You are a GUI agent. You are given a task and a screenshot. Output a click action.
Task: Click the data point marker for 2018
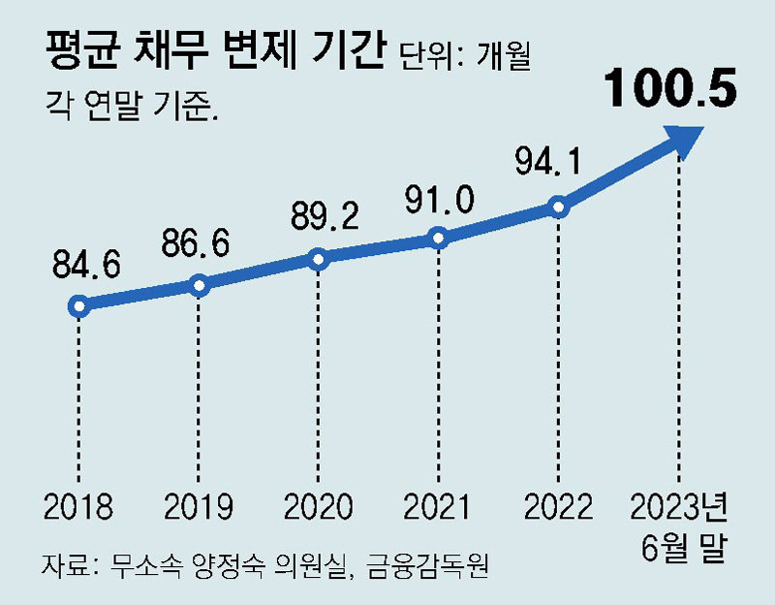pos(79,306)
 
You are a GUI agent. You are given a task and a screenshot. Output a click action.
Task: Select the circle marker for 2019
pos(199,285)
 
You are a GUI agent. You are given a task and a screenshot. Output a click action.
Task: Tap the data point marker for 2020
pos(318,258)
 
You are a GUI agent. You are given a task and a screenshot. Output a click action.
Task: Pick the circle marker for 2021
pos(437,238)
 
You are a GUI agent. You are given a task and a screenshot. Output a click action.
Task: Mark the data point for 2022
pos(556,206)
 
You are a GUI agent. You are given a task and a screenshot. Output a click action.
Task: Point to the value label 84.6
pos(80,265)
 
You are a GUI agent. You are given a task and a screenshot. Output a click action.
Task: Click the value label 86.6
pos(196,243)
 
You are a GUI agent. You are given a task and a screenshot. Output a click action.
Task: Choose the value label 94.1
pos(548,163)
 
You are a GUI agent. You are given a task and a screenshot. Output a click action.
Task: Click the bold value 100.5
pos(670,89)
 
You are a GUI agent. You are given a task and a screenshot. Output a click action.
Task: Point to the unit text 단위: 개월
pos(464,56)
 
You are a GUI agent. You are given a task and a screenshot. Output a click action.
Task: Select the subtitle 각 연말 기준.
pos(130,102)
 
